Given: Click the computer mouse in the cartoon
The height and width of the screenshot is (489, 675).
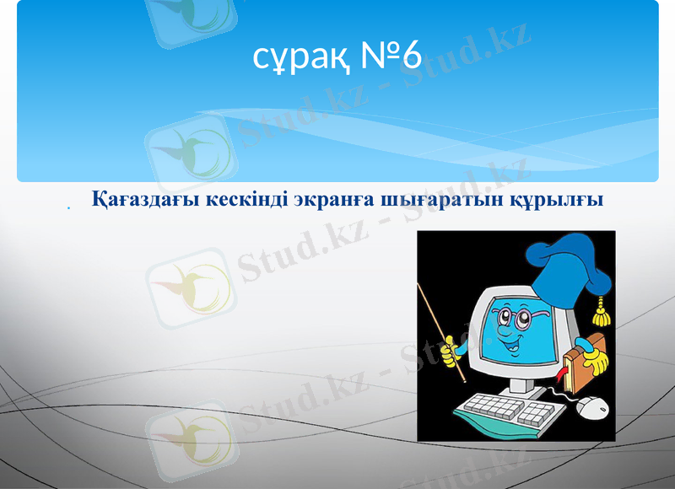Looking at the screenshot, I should (593, 407).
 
